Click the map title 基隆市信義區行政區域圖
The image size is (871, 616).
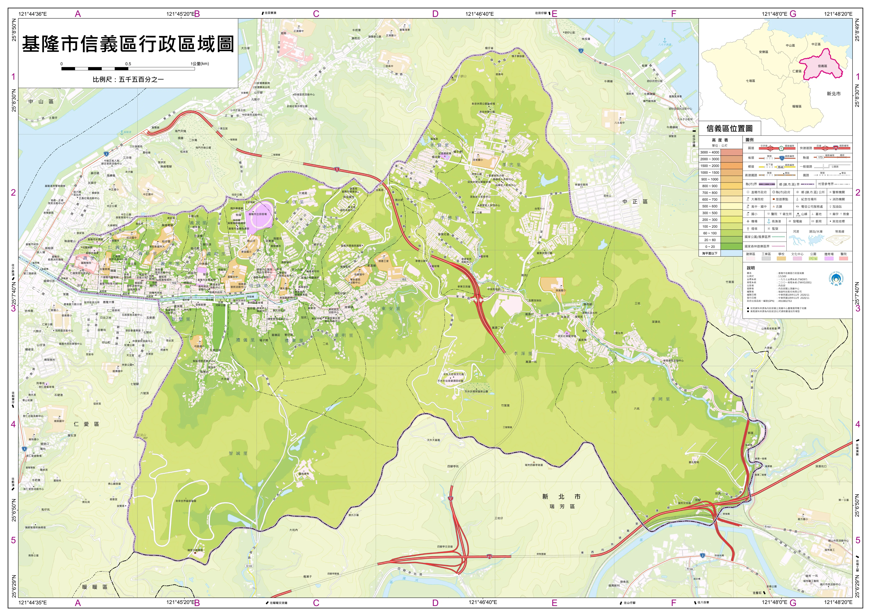(x=128, y=44)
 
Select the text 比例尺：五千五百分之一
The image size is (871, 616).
(x=128, y=80)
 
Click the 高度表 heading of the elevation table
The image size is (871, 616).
(x=720, y=140)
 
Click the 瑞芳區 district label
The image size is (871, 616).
(x=562, y=506)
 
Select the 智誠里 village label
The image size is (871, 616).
(x=238, y=453)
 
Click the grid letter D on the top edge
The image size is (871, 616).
(x=435, y=14)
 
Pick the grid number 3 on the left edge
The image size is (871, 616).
(x=13, y=308)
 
